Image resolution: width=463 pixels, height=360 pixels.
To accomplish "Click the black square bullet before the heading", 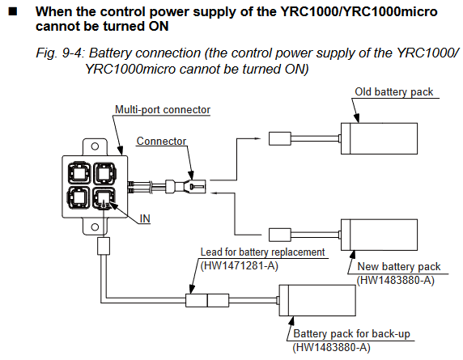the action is pyautogui.click(x=13, y=12).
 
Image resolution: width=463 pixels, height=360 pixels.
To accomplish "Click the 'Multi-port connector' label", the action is pyautogui.click(x=163, y=109).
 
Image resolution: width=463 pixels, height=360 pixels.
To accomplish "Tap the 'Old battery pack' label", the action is pyautogui.click(x=394, y=91).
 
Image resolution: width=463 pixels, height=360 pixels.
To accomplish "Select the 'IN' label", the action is pyautogui.click(x=145, y=218).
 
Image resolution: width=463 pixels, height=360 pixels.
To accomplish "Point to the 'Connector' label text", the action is pyautogui.click(x=161, y=141).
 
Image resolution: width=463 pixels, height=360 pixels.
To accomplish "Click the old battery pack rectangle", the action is pyautogui.click(x=379, y=138).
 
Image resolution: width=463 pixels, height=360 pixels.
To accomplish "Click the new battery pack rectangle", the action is pyautogui.click(x=379, y=235).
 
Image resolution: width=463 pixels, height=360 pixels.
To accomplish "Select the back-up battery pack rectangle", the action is pyautogui.click(x=317, y=300).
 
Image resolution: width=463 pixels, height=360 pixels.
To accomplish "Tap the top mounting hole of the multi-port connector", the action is pyautogui.click(x=95, y=146).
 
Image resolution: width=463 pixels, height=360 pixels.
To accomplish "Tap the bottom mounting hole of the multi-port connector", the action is pyautogui.click(x=95, y=227).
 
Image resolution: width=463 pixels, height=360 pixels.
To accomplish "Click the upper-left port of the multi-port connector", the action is pyautogui.click(x=79, y=173).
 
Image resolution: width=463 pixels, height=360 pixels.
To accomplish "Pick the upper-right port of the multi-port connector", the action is pyautogui.click(x=104, y=173).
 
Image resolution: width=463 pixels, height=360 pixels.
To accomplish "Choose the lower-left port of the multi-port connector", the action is pyautogui.click(x=79, y=197).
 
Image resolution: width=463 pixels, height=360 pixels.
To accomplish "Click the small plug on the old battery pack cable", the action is pyautogui.click(x=280, y=138).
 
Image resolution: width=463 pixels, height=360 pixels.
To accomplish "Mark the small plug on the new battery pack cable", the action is pyautogui.click(x=280, y=235).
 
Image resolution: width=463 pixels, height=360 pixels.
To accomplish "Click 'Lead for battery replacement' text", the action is pyautogui.click(x=262, y=252).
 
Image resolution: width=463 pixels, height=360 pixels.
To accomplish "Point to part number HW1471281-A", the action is pyautogui.click(x=239, y=266).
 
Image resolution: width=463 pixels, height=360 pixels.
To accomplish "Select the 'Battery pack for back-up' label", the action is pyautogui.click(x=351, y=334).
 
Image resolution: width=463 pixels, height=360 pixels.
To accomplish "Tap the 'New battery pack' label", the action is pyautogui.click(x=398, y=266).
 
